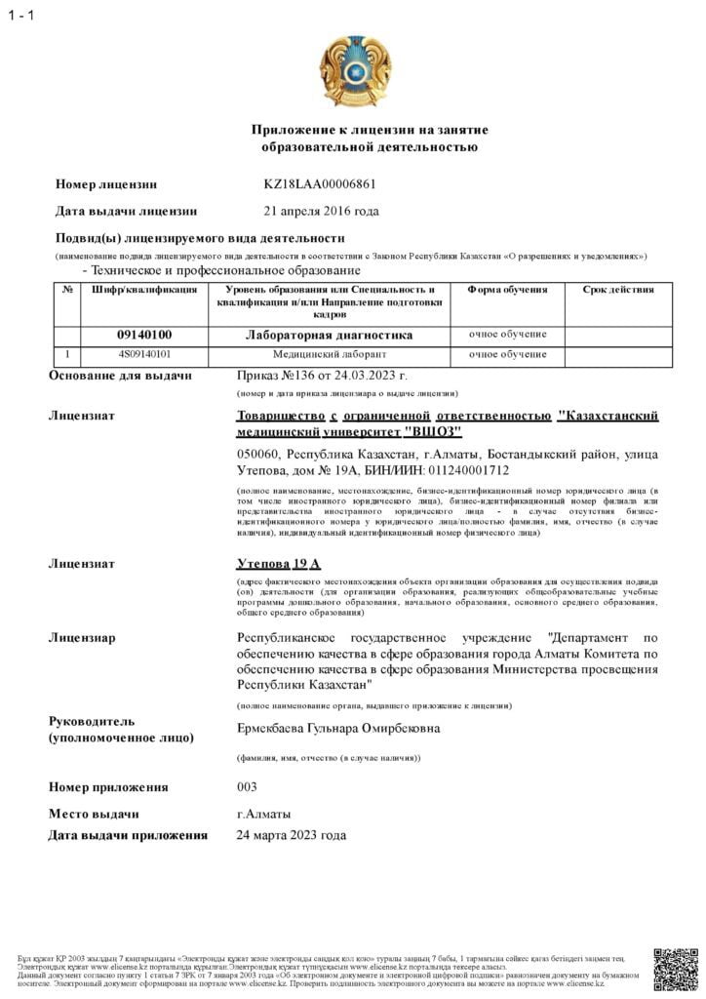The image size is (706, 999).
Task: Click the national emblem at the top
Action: (x=356, y=73)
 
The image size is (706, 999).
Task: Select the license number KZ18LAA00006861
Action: (x=320, y=183)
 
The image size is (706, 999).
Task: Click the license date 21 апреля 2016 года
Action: (x=322, y=211)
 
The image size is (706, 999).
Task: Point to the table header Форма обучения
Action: (x=507, y=290)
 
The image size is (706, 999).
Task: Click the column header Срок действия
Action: (x=617, y=290)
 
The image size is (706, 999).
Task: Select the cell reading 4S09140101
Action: (x=144, y=354)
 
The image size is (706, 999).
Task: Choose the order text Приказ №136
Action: (x=276, y=376)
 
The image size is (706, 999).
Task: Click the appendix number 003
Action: (x=248, y=787)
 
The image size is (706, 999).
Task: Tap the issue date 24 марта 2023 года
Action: (x=292, y=835)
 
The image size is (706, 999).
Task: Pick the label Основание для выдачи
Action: (x=120, y=376)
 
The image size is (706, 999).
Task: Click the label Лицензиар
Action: (x=82, y=638)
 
